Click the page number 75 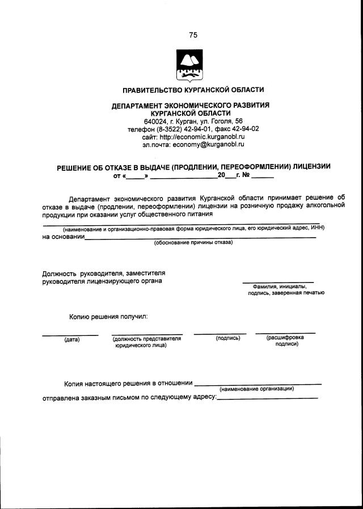(193, 35)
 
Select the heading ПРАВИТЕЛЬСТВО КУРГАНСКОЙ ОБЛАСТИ (193, 90)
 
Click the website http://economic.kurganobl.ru (201, 137)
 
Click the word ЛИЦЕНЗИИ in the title (310, 166)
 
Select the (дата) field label (71, 339)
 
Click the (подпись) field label (228, 338)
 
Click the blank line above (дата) (70, 334)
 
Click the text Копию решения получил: (108, 315)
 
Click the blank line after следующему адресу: (267, 398)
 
